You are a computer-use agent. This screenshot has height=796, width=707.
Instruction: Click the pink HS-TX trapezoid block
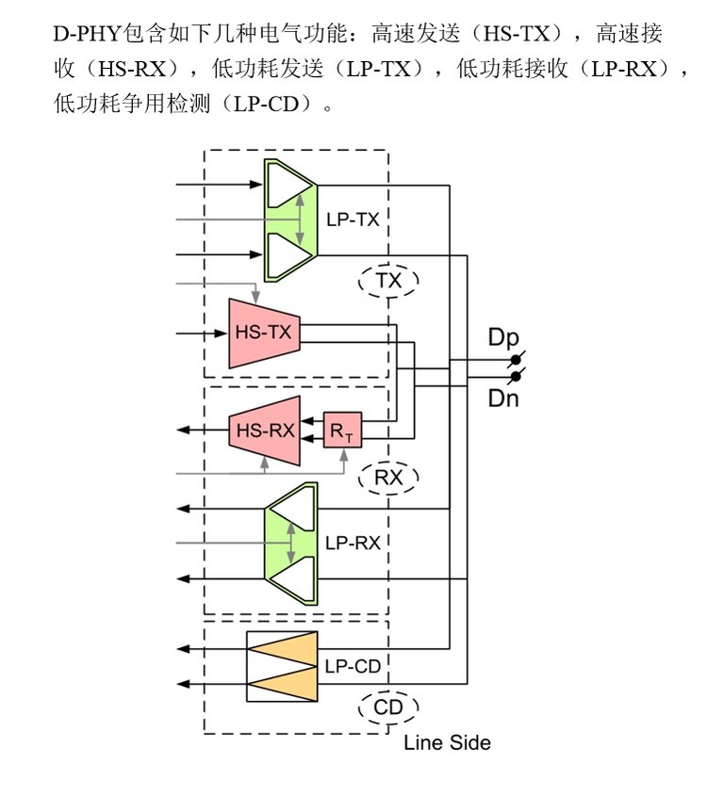pos(264,333)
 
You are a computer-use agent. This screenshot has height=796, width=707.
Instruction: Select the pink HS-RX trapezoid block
pos(265,430)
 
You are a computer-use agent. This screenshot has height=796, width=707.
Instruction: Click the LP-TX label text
pos(353,219)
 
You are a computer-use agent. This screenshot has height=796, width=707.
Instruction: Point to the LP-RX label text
pos(352,544)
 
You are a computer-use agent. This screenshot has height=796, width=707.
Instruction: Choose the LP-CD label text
pos(353,666)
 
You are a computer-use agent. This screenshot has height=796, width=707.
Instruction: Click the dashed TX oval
pos(388,280)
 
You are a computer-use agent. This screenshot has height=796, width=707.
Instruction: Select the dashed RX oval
pos(388,478)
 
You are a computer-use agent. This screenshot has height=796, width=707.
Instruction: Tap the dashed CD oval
pos(388,707)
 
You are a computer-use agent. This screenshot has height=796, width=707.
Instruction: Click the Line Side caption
pos(447,742)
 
